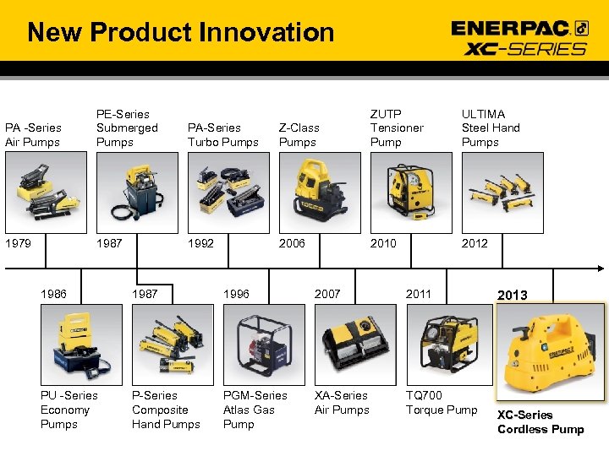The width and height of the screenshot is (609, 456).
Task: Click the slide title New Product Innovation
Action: pyautogui.click(x=180, y=33)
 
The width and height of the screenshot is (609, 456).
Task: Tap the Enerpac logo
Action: pyautogui.click(x=519, y=28)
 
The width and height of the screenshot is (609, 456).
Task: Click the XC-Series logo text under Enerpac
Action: pyautogui.click(x=525, y=48)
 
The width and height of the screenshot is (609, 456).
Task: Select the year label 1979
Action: pyautogui.click(x=19, y=243)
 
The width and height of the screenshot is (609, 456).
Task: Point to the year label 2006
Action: pyautogui.click(x=292, y=243)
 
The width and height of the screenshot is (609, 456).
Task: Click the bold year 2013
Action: pyautogui.click(x=513, y=296)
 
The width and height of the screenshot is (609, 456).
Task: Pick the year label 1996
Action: pyautogui.click(x=236, y=294)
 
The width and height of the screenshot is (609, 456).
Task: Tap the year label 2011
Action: pyautogui.click(x=418, y=294)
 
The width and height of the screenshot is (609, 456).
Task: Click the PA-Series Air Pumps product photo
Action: pyautogui.click(x=45, y=194)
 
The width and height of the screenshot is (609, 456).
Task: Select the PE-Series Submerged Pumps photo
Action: pyautogui.click(x=136, y=194)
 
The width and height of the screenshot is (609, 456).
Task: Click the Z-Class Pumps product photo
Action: pyautogui.click(x=319, y=194)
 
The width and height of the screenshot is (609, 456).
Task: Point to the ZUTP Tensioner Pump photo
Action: pyautogui.click(x=409, y=194)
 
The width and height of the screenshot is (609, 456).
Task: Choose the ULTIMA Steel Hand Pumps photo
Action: pyautogui.click(x=501, y=194)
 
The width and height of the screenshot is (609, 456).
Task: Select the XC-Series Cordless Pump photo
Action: pyautogui.click(x=550, y=350)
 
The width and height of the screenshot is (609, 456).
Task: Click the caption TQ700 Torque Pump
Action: pyautogui.click(x=441, y=403)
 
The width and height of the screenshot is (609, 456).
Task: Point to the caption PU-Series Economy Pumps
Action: pyautogui.click(x=69, y=410)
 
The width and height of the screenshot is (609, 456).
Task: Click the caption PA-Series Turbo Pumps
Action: pyautogui.click(x=223, y=135)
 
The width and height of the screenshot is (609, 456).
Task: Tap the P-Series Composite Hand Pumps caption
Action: pyautogui.click(x=166, y=410)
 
